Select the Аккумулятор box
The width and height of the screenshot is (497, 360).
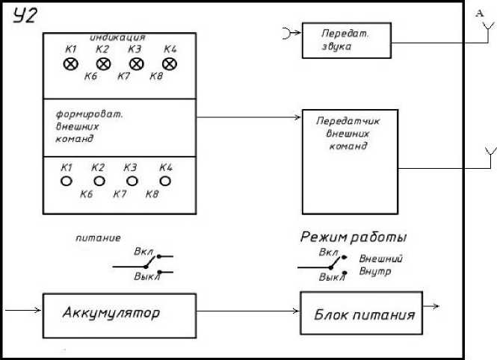[x=120, y=313]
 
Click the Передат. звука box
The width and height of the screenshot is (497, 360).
[x=346, y=40]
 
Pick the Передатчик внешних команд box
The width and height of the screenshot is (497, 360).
[x=349, y=162]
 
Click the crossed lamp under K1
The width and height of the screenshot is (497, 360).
[x=71, y=64]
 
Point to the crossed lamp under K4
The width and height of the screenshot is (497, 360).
[x=169, y=64]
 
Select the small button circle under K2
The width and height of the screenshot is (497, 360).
[x=99, y=181]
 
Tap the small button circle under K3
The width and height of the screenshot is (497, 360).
[x=132, y=181]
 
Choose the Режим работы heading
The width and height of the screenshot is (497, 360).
[x=353, y=237]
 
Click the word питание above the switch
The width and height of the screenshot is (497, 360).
[x=98, y=239]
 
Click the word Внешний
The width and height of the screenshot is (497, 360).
[x=381, y=258]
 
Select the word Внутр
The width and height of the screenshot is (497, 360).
[x=375, y=272]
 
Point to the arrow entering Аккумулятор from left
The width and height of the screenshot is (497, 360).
[x=22, y=308]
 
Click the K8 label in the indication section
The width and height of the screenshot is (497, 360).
[x=156, y=76]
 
